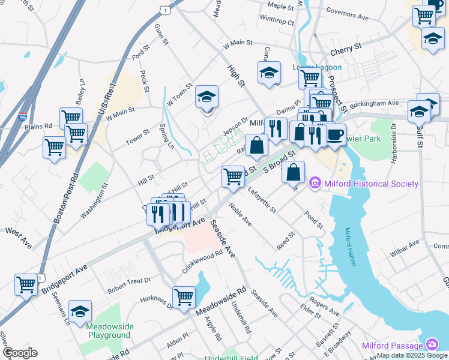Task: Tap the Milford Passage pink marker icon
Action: [432, 344]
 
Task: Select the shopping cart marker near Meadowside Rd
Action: [184, 296]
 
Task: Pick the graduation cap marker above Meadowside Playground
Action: [80, 311]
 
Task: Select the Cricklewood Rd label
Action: [203, 260]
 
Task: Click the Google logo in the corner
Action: [20, 353]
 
